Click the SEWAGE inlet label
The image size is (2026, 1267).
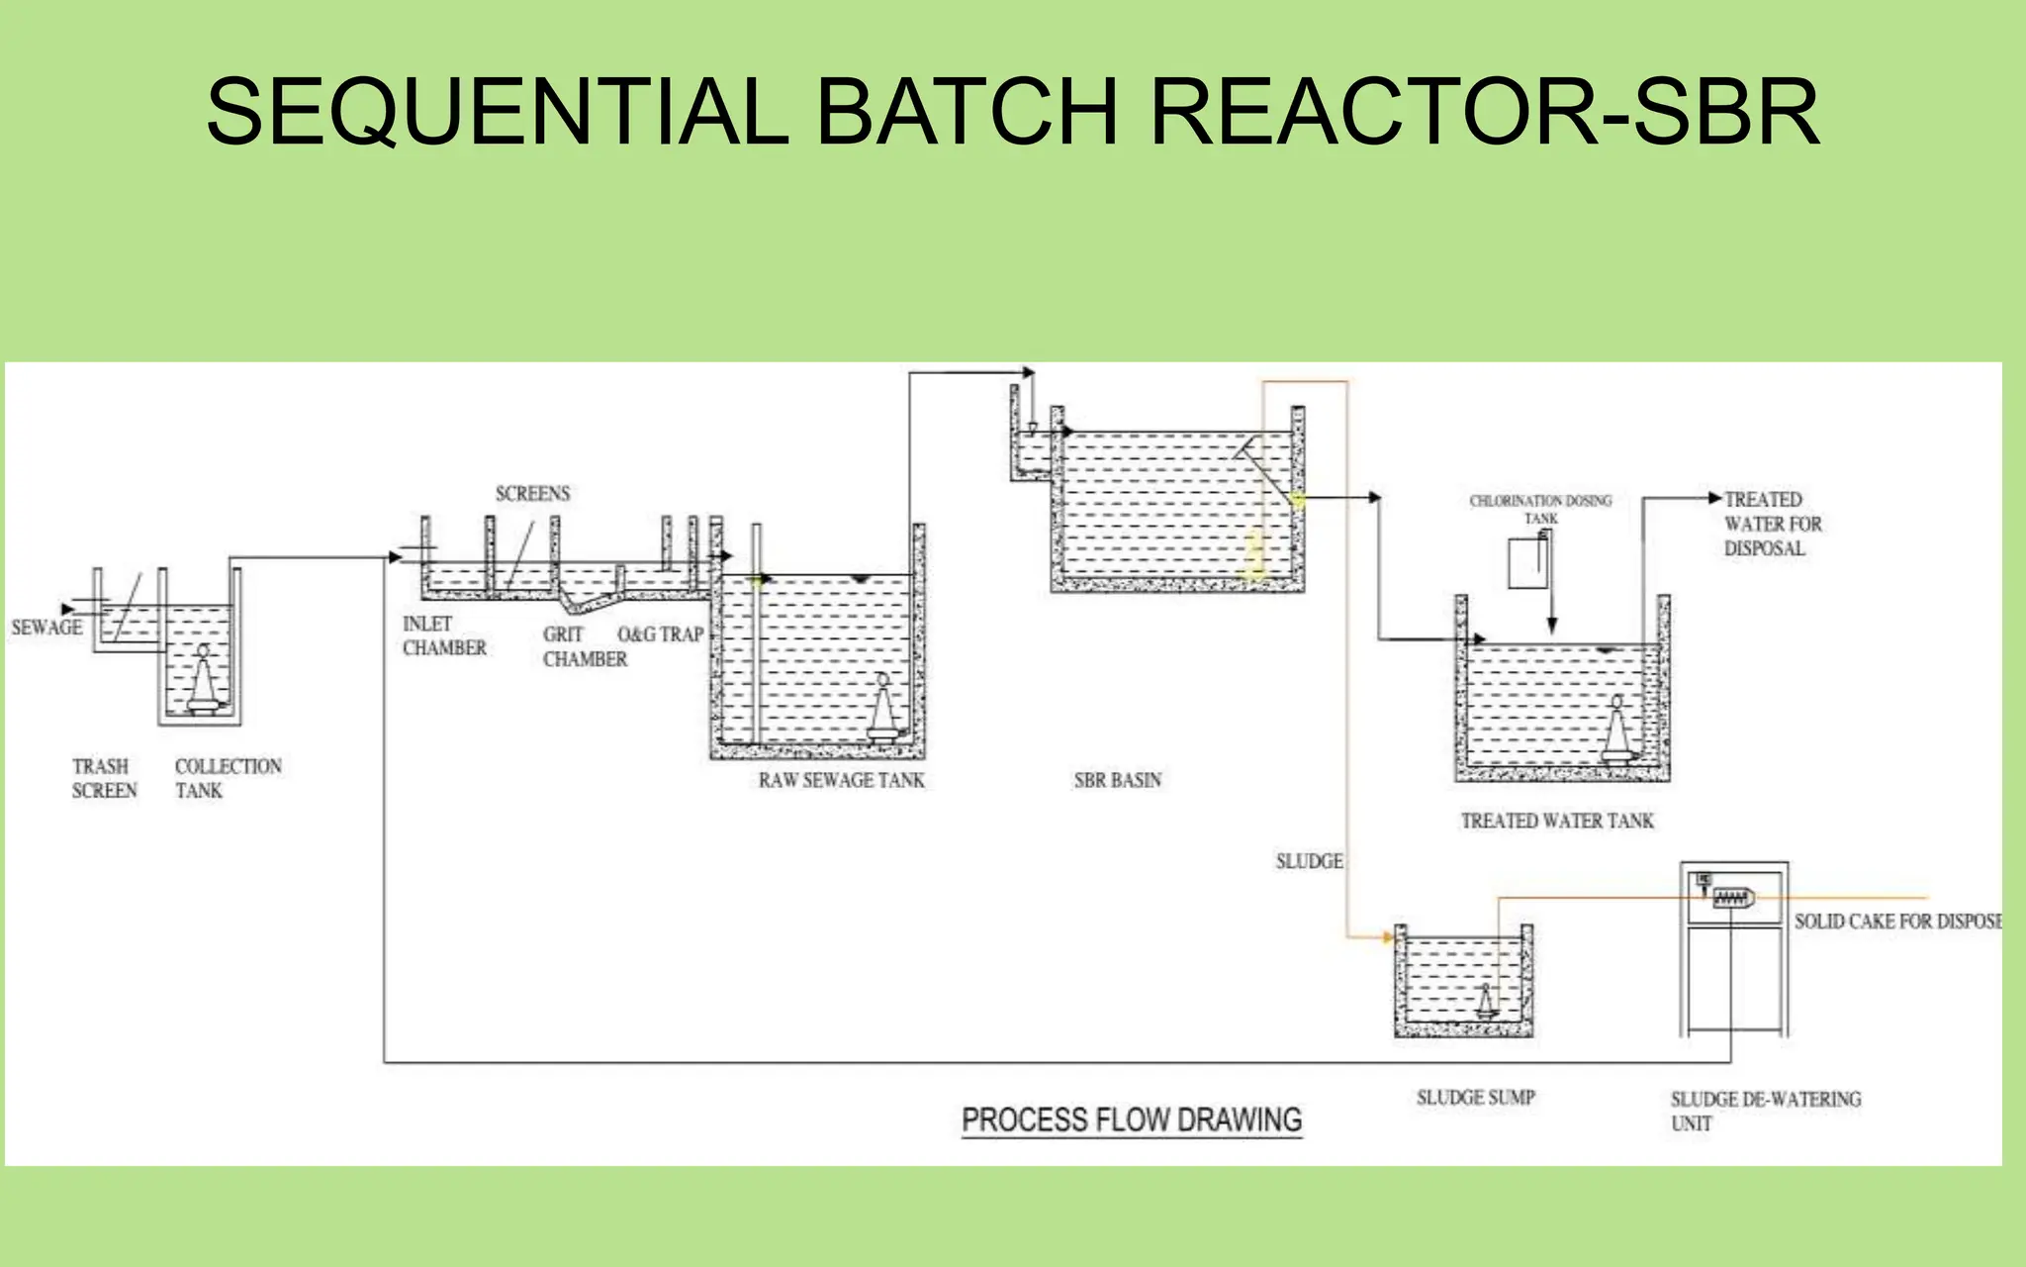(46, 628)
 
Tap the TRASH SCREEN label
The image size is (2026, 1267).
(103, 778)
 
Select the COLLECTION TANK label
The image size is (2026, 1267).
(228, 778)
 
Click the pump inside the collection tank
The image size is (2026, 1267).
(205, 683)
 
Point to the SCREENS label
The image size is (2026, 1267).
(532, 493)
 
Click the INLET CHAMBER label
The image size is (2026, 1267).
(444, 635)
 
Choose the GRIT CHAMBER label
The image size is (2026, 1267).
(584, 646)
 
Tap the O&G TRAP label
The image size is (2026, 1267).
(660, 633)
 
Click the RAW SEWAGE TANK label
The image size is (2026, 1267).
(841, 780)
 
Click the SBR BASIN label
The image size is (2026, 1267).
(1117, 780)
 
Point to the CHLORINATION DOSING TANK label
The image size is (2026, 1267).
(1540, 509)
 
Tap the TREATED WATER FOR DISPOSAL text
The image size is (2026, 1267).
(1772, 524)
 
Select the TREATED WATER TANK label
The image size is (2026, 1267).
(1557, 821)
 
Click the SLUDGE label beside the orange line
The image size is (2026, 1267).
(1309, 861)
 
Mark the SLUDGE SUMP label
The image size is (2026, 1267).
(1475, 1097)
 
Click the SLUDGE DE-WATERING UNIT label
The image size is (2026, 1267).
(1764, 1111)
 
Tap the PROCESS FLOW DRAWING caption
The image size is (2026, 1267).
(1132, 1121)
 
